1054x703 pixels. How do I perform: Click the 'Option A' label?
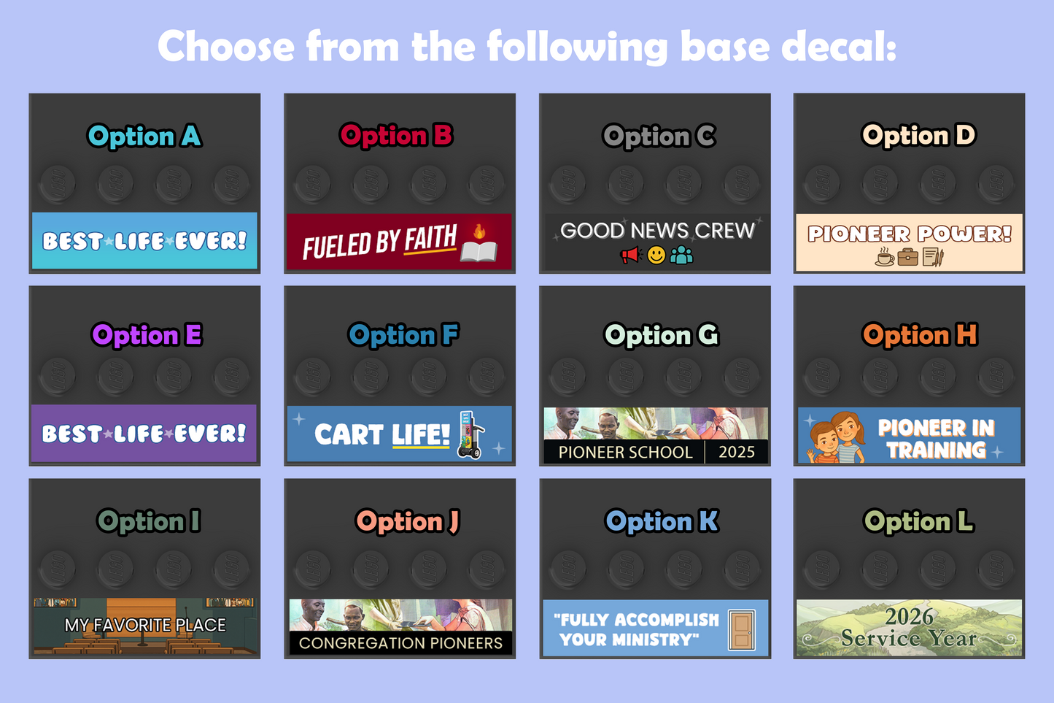(144, 136)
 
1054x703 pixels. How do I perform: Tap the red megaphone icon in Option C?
(631, 256)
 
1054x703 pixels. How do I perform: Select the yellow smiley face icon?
(656, 256)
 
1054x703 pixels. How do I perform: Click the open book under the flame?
(479, 251)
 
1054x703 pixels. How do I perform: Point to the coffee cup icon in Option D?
(884, 257)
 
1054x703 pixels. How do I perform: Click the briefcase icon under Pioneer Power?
(907, 258)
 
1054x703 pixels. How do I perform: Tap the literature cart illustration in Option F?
(470, 434)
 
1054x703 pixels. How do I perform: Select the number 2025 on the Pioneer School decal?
(737, 452)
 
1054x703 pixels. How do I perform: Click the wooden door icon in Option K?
(742, 629)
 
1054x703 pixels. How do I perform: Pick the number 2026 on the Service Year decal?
(909, 616)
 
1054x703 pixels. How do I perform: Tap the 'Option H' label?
(920, 335)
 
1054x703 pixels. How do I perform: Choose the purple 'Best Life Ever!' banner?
(144, 433)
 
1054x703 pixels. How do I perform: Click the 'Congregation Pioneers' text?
(400, 642)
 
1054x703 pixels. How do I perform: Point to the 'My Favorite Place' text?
(145, 625)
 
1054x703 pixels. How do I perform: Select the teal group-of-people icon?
(681, 256)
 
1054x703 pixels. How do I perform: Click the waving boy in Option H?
(823, 442)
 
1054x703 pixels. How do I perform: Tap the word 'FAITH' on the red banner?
(431, 238)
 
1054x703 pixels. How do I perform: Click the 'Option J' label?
(407, 521)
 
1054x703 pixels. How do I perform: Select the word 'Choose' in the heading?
(226, 46)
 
